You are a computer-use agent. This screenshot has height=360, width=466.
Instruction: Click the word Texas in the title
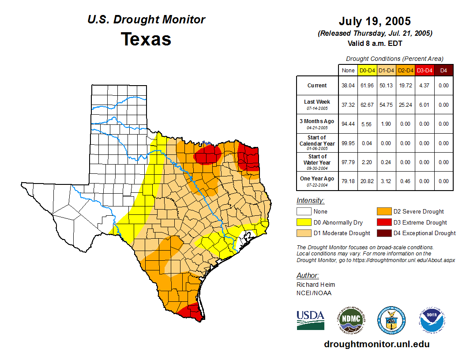pyautogui.click(x=146, y=39)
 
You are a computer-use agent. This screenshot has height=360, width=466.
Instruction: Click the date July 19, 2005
pyautogui.click(x=375, y=21)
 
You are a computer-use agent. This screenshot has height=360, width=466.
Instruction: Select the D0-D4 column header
pyautogui.click(x=367, y=70)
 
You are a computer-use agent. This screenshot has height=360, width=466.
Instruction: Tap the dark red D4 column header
pyautogui.click(x=443, y=70)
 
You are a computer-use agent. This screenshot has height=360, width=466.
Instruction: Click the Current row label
pyautogui.click(x=317, y=86)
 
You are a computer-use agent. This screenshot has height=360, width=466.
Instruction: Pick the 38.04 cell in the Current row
pyautogui.click(x=348, y=86)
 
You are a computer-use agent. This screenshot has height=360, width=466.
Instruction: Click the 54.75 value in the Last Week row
pyautogui.click(x=386, y=105)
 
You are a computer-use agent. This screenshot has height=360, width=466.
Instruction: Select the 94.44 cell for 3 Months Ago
pyautogui.click(x=348, y=124)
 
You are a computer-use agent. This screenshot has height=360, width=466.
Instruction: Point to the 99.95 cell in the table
pyautogui.click(x=348, y=143)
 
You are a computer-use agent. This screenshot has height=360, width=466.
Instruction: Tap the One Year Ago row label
pyautogui.click(x=317, y=179)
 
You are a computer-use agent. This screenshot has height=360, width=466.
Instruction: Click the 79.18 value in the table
pyautogui.click(x=348, y=181)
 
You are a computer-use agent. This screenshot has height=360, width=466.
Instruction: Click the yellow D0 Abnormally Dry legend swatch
pyautogui.click(x=303, y=222)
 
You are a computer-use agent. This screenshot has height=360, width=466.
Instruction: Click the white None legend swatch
pyautogui.click(x=303, y=212)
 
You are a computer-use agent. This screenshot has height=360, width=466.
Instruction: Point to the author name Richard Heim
pyautogui.click(x=316, y=285)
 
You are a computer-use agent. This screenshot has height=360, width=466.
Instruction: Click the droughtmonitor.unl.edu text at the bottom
pyautogui.click(x=376, y=344)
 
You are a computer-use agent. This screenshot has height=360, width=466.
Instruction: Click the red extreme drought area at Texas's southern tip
pyautogui.click(x=192, y=311)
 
